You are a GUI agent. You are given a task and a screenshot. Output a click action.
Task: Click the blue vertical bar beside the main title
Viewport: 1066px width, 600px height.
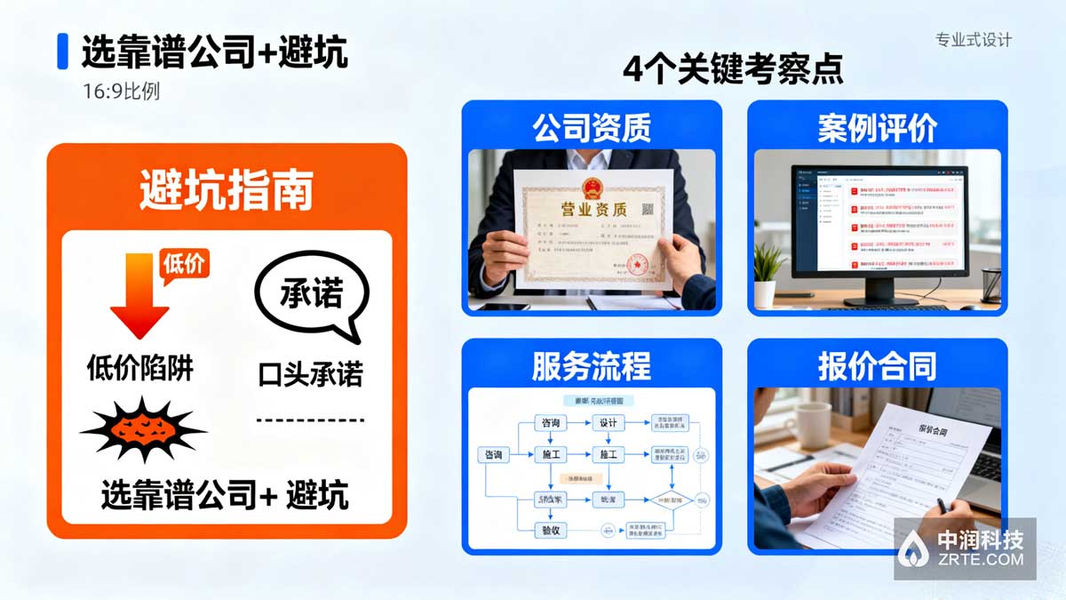(62, 52)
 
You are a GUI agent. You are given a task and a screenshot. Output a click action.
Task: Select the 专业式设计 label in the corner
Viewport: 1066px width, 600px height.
(974, 40)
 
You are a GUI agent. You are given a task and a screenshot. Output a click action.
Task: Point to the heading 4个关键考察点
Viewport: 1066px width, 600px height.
(733, 69)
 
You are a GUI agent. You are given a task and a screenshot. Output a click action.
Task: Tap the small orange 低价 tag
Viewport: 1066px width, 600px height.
(183, 265)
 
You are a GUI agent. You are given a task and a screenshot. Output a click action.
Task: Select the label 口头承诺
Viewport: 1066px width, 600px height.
(310, 373)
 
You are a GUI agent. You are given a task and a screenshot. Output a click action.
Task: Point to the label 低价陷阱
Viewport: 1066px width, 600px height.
(140, 367)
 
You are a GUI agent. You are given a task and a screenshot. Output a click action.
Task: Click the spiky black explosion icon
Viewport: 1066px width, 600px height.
(142, 431)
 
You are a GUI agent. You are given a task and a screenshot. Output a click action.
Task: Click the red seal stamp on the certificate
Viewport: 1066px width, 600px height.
(636, 264)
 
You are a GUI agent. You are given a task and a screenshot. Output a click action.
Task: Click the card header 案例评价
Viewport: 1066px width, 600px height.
(877, 127)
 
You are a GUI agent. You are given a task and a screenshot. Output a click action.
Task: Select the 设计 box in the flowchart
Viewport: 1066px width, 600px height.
(608, 423)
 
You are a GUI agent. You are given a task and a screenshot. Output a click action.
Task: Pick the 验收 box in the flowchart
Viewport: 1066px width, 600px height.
(551, 531)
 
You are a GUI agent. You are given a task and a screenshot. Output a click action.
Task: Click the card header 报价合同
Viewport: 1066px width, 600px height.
(877, 366)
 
